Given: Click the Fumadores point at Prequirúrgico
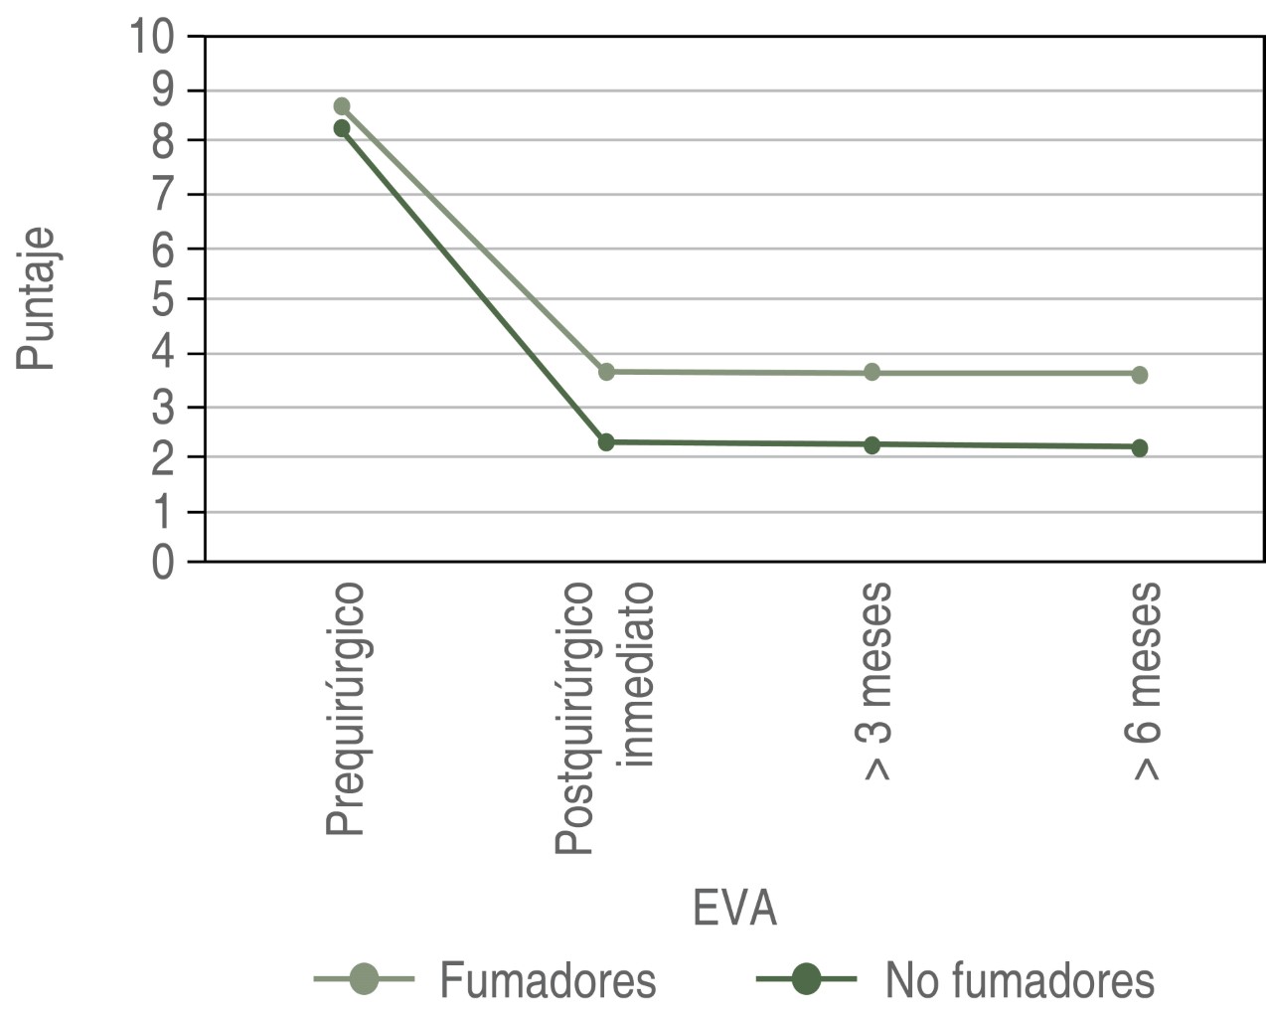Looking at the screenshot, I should point(342,106).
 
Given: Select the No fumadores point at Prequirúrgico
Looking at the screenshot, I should point(342,128).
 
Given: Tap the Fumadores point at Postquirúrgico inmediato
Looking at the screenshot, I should point(606,372).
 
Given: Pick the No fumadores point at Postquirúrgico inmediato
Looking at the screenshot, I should point(606,442).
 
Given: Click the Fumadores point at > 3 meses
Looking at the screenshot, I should point(871,373).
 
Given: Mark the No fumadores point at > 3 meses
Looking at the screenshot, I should point(871,445).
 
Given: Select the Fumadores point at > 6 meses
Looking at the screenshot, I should point(1139,375).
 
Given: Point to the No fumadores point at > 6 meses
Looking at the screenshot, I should point(1139,448).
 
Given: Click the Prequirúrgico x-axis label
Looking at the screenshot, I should point(345,710).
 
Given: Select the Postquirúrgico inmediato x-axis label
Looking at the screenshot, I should point(604,718).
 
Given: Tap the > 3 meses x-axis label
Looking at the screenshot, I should point(872,682).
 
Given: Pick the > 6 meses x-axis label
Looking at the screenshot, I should point(1143,682).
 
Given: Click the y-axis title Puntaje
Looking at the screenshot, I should point(37,299).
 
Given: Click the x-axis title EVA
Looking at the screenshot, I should point(734,909).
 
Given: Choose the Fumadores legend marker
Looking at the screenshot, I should point(364,979).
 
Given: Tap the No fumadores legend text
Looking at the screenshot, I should point(1020,981).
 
